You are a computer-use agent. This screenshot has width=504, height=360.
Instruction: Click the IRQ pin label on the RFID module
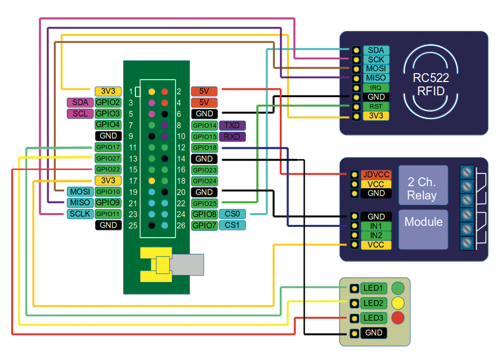(x=376, y=88)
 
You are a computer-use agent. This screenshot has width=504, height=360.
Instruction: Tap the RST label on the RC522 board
(x=376, y=107)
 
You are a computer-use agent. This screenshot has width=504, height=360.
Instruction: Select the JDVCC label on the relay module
(x=376, y=174)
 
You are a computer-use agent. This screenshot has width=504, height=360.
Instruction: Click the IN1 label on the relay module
(x=376, y=226)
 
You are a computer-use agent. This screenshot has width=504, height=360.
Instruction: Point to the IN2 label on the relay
(x=376, y=236)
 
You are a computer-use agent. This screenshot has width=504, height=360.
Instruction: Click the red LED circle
(x=398, y=318)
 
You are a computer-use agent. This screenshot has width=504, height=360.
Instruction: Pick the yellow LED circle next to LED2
(x=398, y=303)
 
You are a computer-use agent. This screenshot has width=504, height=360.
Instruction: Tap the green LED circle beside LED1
(x=398, y=287)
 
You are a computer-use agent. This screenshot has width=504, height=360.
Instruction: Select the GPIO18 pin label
(x=204, y=148)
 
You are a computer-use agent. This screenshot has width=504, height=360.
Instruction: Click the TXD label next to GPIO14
(x=232, y=126)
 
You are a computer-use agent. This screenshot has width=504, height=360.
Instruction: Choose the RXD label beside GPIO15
(x=232, y=137)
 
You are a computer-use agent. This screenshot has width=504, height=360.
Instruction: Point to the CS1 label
(x=232, y=225)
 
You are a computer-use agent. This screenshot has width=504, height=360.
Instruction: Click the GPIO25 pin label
(x=204, y=203)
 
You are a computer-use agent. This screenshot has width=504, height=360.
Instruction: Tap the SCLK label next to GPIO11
(x=80, y=214)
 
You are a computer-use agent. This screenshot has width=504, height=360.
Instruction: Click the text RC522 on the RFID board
(x=430, y=78)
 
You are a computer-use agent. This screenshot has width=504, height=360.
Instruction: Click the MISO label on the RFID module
(x=376, y=78)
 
